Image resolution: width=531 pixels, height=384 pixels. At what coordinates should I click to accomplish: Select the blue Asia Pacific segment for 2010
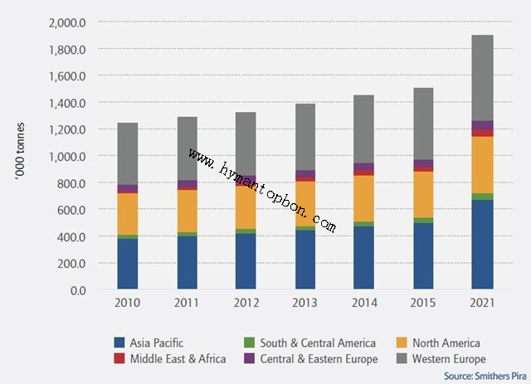(128, 264)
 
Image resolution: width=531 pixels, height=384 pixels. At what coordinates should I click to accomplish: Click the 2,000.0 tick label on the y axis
(69, 22)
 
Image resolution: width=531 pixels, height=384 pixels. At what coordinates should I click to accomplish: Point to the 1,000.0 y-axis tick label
(69, 156)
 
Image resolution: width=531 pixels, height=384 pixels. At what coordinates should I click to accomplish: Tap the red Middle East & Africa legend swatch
(119, 359)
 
